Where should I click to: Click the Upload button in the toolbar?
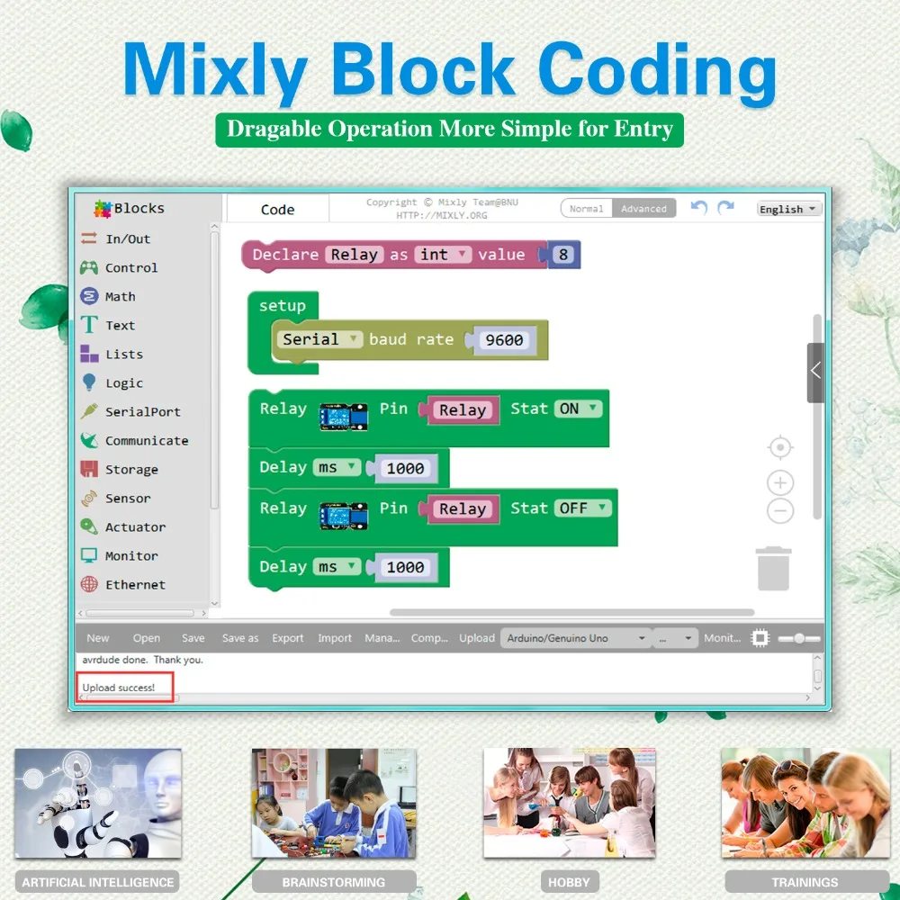[x=476, y=638]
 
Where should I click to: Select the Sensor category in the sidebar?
[x=128, y=499]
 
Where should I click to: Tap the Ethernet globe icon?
[x=89, y=584]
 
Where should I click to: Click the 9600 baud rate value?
[x=504, y=340]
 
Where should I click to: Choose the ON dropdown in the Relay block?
[x=578, y=409]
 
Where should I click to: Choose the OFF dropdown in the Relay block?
[x=582, y=508]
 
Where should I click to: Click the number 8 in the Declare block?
[x=563, y=255]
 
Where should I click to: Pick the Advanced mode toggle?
[x=643, y=209]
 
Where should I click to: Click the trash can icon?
[x=774, y=568]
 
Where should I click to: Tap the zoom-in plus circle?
[x=780, y=482]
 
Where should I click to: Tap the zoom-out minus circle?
[x=780, y=510]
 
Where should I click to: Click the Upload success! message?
[x=119, y=687]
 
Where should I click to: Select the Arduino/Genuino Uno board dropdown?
[x=576, y=638]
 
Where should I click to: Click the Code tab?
[x=278, y=210]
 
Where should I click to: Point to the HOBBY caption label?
[x=569, y=882]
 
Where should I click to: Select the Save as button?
[x=240, y=638]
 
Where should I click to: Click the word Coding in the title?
[x=657, y=70]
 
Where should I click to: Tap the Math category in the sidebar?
[x=120, y=297]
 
